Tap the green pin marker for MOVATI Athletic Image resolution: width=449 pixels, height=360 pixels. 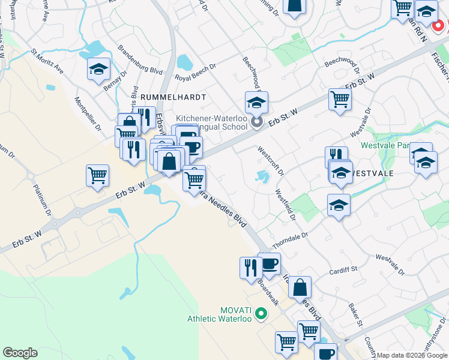coord(261,313)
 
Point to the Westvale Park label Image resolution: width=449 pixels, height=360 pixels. coord(385,145)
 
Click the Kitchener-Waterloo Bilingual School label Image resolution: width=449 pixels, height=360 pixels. coord(211,123)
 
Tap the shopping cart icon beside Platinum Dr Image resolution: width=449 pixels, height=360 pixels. coord(97,176)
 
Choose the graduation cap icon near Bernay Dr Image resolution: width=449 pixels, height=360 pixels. coord(98,70)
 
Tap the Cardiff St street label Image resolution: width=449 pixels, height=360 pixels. coord(343,271)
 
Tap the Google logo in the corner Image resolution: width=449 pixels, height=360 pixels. coord(20,353)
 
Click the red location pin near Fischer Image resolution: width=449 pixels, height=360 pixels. coord(439,26)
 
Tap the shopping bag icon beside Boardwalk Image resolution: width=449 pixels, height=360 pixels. coord(300,287)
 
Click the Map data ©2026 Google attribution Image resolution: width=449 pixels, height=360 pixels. coord(412,355)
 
